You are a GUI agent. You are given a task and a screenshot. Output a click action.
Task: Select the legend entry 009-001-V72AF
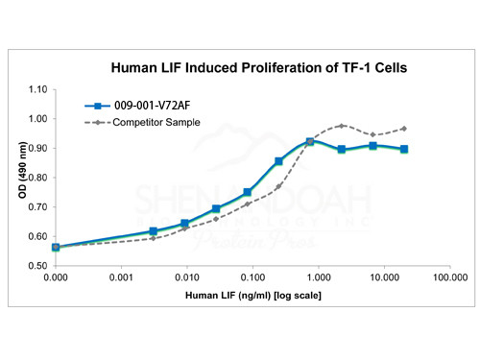click(x=141, y=108)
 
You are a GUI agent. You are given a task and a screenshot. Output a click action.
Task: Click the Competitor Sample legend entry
click(x=155, y=123)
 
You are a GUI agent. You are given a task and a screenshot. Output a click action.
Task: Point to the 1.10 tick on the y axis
click(x=36, y=89)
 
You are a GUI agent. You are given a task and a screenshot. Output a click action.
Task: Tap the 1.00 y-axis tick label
click(x=36, y=119)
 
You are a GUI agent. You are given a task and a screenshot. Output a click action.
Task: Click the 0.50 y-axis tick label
click(x=36, y=265)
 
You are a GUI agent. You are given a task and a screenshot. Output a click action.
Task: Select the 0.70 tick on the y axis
click(x=36, y=206)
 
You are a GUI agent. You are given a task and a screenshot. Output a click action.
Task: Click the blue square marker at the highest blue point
click(x=310, y=142)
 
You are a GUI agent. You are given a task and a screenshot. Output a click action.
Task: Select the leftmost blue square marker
click(x=56, y=247)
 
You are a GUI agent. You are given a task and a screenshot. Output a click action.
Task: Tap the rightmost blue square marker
click(x=404, y=149)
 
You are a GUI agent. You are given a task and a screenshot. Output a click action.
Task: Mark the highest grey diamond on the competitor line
click(x=342, y=126)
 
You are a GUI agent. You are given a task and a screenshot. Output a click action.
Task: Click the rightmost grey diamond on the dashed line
click(x=404, y=129)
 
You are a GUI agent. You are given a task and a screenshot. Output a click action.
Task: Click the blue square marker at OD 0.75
click(x=248, y=192)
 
